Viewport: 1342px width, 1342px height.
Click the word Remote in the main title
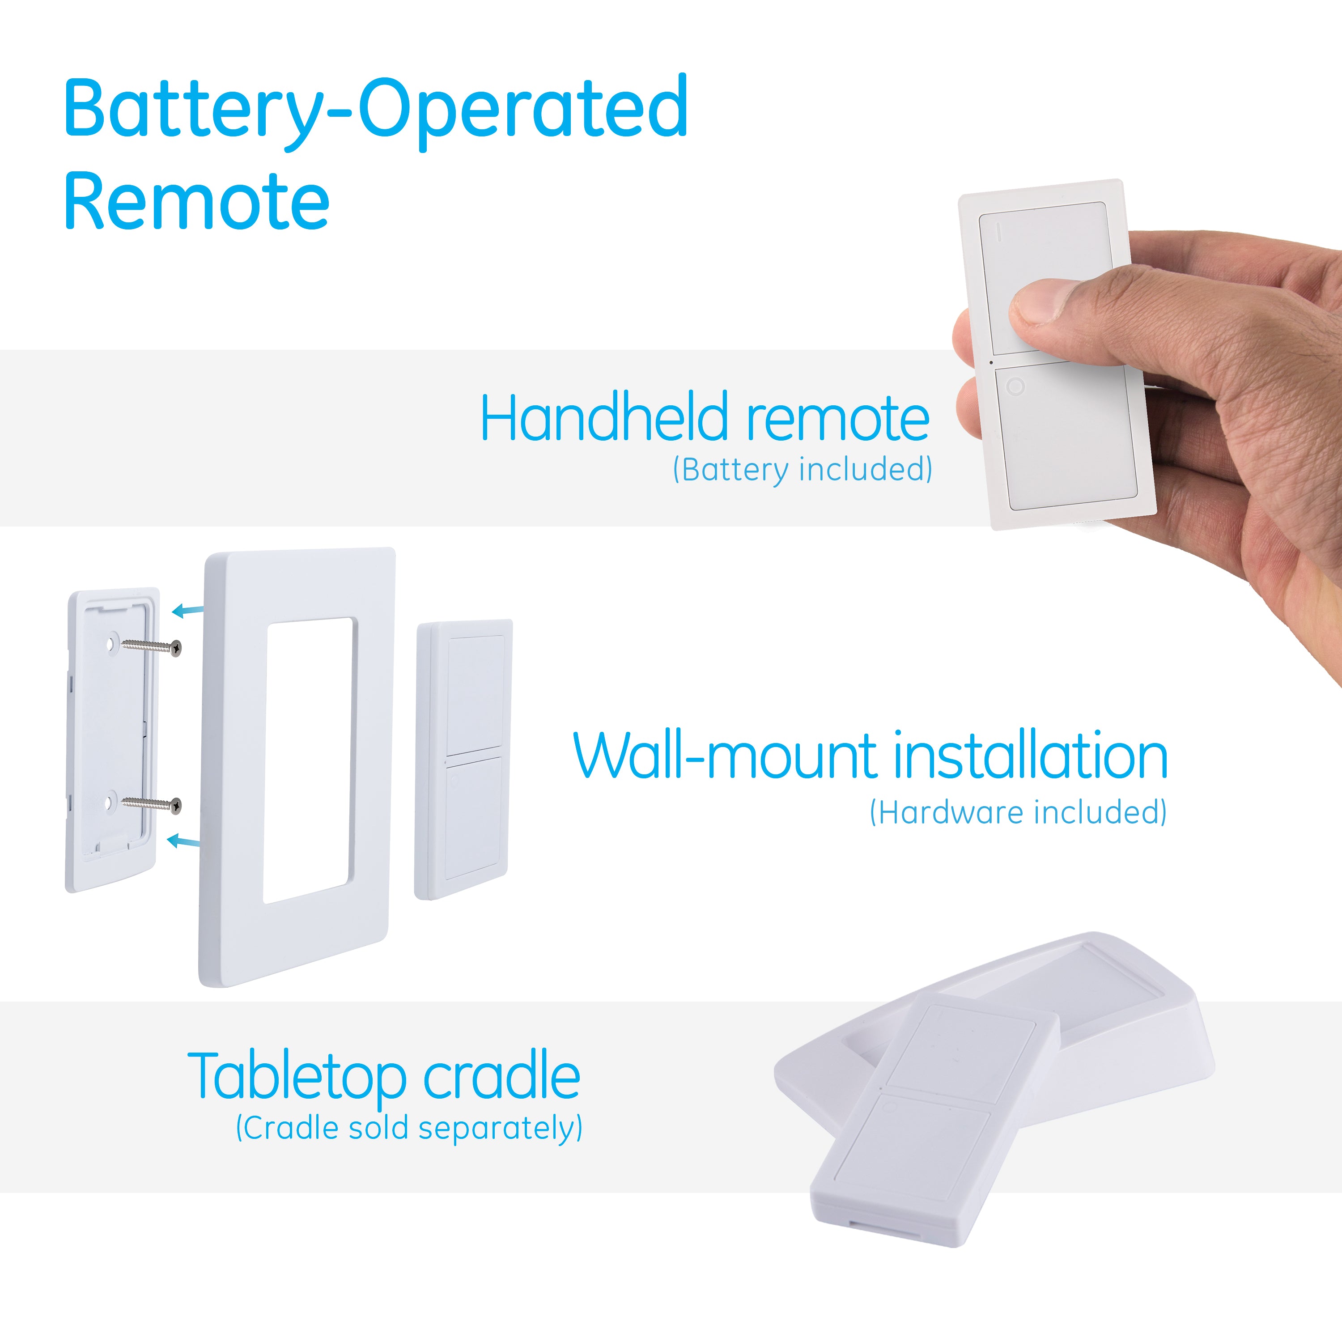point(196,201)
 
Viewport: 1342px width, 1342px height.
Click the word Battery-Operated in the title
point(376,111)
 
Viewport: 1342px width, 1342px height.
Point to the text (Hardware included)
point(1018,812)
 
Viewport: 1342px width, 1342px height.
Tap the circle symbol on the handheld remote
point(1015,386)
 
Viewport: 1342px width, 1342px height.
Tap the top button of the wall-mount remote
point(475,695)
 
